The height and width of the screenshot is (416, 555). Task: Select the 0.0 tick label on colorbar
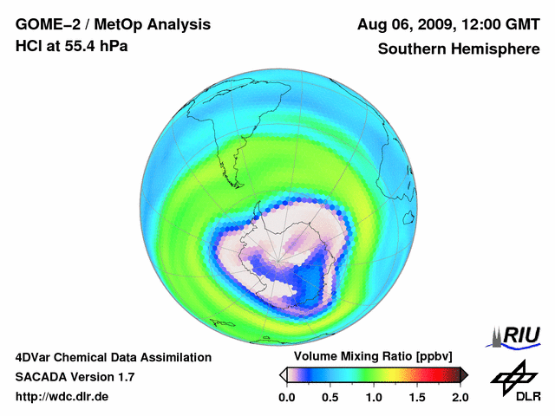coord(286,397)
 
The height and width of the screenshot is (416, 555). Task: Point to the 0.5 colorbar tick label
coord(330,397)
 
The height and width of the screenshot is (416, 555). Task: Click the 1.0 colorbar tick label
coord(373,397)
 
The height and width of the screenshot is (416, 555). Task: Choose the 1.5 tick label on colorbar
coord(417,397)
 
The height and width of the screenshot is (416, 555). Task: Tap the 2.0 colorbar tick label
coord(460,397)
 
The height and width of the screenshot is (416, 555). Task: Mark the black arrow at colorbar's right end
coord(464,374)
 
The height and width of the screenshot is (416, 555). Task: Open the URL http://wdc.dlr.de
coord(62,397)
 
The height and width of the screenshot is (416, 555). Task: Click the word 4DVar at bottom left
coord(36,357)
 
